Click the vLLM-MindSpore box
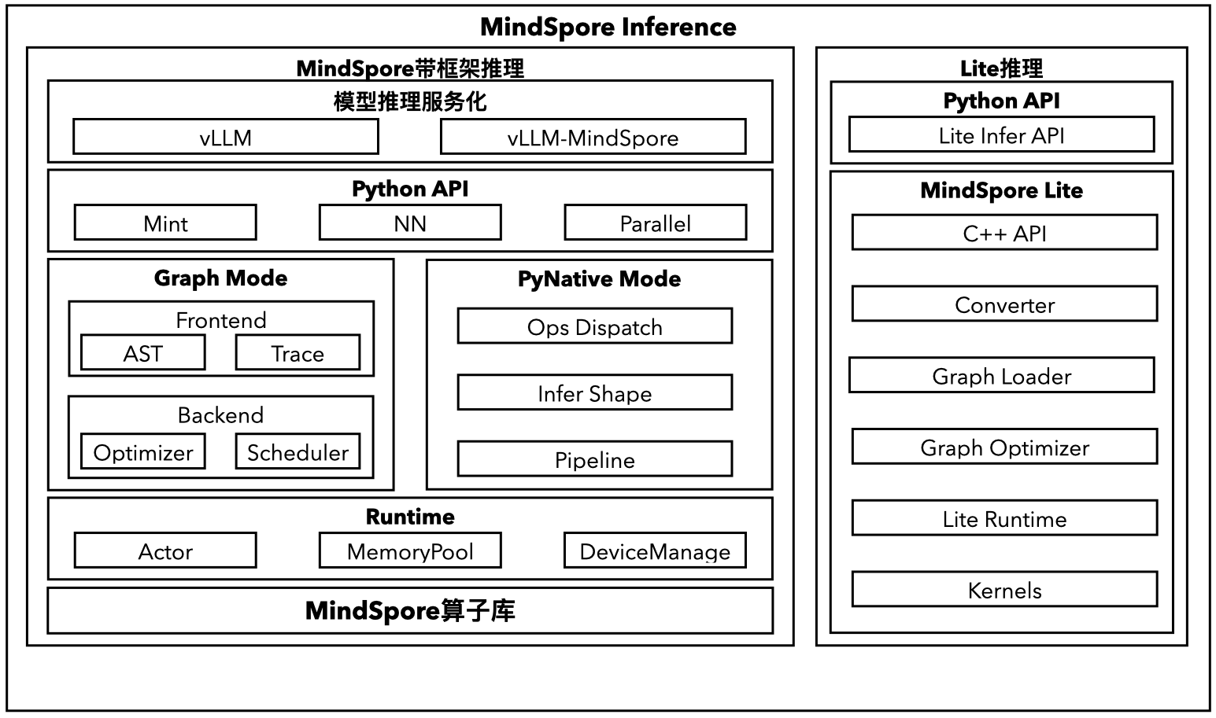(x=593, y=138)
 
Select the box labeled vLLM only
(x=225, y=138)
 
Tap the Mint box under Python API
(x=165, y=223)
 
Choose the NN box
(x=409, y=223)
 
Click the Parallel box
(x=655, y=223)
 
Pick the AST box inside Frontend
(x=142, y=353)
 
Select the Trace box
(x=298, y=353)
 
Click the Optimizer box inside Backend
(x=142, y=452)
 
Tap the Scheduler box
(x=298, y=452)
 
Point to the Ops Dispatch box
(x=594, y=326)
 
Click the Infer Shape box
(x=594, y=393)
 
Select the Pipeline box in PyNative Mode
(x=594, y=460)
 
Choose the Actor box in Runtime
(x=165, y=550)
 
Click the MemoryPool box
(x=409, y=550)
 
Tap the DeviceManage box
(x=655, y=550)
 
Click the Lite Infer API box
(x=1001, y=135)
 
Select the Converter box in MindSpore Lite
(x=1004, y=304)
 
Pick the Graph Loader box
(x=1001, y=376)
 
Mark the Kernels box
(x=1004, y=590)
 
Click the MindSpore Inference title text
(x=608, y=27)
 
